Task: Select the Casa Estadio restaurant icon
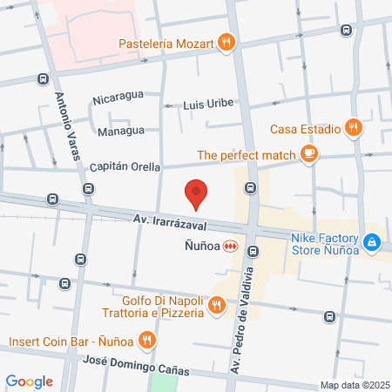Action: pos(353,127)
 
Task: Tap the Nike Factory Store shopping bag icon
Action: pos(372,241)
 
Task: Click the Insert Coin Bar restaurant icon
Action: pos(147,340)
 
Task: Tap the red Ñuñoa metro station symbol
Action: pos(230,247)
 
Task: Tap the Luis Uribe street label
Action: pos(208,105)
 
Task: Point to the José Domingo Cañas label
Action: pos(136,360)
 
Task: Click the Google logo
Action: pos(30,381)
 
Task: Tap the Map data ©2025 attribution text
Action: pos(354,385)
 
